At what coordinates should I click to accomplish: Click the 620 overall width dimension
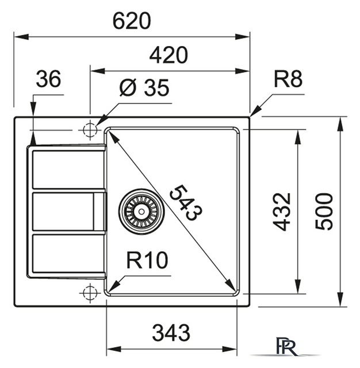point(131,21)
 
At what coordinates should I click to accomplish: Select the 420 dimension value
point(168,56)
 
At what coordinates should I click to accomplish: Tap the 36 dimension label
point(48,80)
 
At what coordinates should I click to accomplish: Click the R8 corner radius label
point(288,79)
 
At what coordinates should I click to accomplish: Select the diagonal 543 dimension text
point(186,202)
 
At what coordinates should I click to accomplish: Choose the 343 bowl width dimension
point(171,332)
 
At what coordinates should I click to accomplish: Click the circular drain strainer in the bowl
point(141,210)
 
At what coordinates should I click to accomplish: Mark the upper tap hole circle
point(90,131)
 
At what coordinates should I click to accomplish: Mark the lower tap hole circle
point(89,293)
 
